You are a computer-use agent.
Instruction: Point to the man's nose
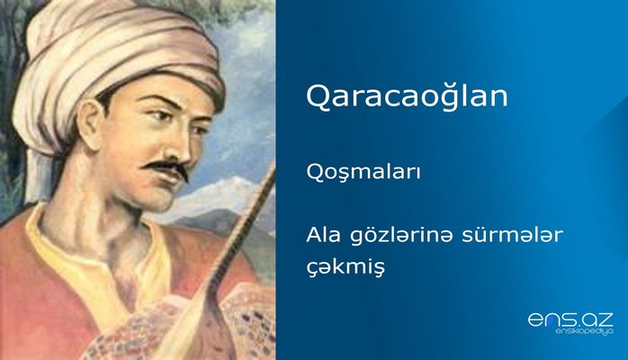click(173, 144)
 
